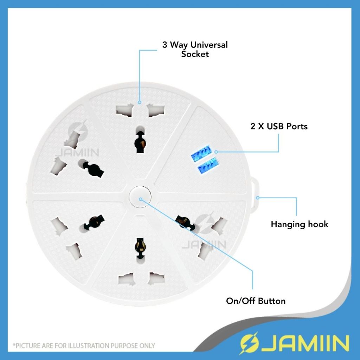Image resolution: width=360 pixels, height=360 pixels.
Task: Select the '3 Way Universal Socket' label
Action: tap(195, 49)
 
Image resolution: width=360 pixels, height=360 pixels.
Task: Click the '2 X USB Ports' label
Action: tap(279, 127)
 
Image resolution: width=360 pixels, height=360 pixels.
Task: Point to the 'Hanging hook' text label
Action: tap(299, 224)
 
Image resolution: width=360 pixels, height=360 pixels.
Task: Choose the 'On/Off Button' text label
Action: tap(256, 301)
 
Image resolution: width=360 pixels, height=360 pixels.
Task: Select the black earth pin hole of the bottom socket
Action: tap(140, 246)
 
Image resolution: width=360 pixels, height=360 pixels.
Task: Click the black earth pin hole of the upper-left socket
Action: tap(92, 168)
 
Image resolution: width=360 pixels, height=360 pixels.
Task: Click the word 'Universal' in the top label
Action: tap(209, 45)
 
